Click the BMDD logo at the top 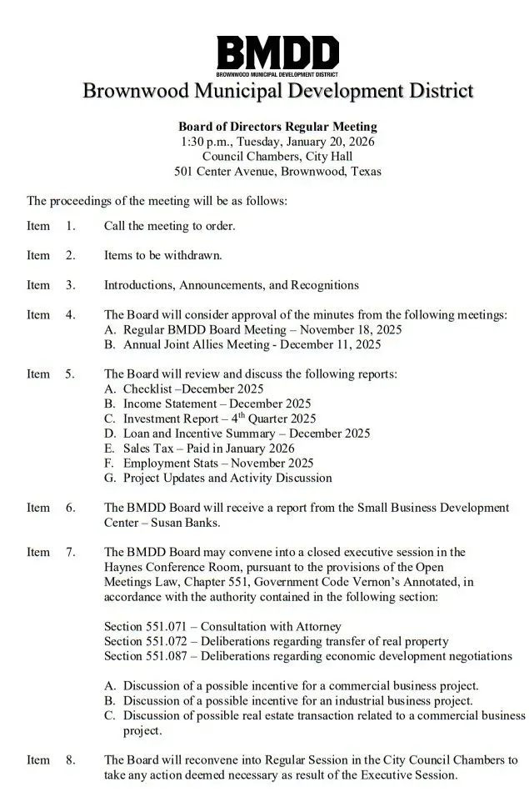pos(277,55)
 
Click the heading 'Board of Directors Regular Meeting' pos(277,127)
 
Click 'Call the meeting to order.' pos(169,225)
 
